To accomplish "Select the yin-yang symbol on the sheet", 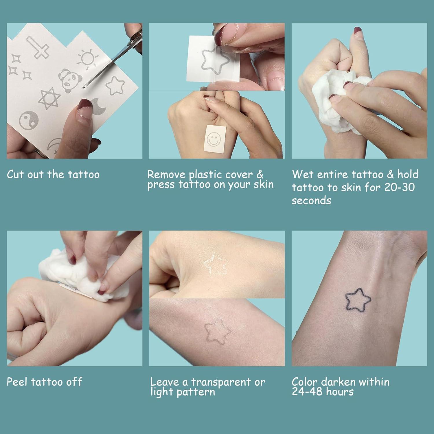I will pos(29,119).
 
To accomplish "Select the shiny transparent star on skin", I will pos(216,264).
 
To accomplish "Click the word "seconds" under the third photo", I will pos(311,201).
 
